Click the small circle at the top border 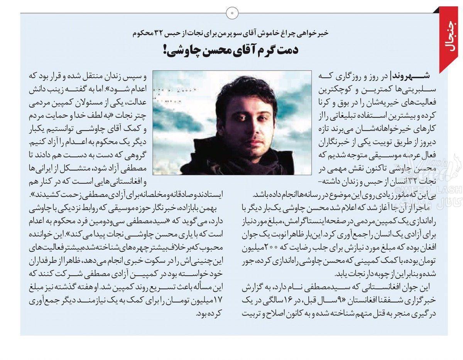pyautogui.click(x=232, y=13)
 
